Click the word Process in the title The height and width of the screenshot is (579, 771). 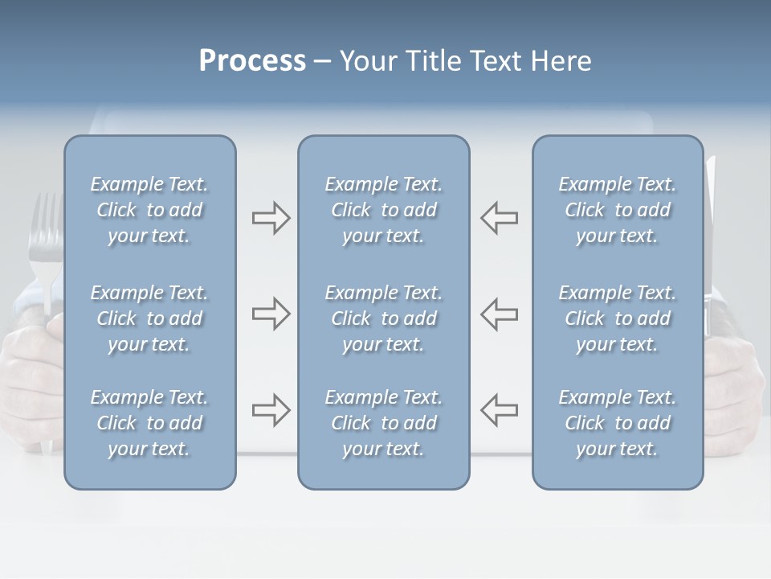coord(252,61)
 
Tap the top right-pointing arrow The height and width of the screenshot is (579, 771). coord(271,218)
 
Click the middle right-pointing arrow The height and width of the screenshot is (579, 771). coord(271,314)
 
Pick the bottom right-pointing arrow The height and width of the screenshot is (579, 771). coord(271,410)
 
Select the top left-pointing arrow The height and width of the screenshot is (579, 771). coord(499,218)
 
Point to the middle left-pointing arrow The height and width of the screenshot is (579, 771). coord(499,314)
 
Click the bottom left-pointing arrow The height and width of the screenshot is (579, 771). coord(499,410)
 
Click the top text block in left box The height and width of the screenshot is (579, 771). coord(149,210)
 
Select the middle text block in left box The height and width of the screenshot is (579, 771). coord(149,318)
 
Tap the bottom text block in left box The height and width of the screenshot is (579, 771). coord(149,423)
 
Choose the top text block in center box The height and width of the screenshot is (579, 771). coord(383,210)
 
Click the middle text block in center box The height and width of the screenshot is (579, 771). coord(383,318)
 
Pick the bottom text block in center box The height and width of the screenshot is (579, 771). coord(383,423)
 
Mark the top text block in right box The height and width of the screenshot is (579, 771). coord(617,210)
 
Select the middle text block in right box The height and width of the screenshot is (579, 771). coord(617,318)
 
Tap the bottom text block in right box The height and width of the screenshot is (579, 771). coord(617,423)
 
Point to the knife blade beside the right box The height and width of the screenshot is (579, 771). coord(710,241)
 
